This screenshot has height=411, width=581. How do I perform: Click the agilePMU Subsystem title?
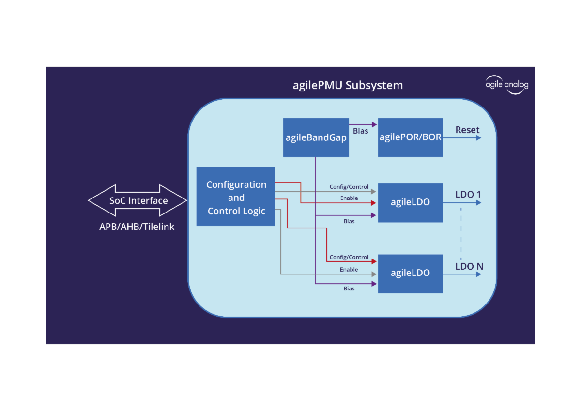[x=348, y=86]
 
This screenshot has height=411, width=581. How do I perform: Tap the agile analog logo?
[x=507, y=85]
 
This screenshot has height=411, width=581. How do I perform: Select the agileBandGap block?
[x=316, y=137]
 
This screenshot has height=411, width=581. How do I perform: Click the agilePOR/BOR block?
[x=410, y=137]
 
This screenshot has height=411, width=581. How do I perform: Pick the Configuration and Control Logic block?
[x=236, y=197]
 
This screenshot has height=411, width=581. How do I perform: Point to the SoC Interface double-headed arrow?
[x=138, y=200]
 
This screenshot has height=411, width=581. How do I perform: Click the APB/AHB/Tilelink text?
[x=137, y=227]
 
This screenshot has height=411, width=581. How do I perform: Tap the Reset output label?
[x=467, y=130]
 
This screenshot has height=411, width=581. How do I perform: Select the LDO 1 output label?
[x=468, y=195]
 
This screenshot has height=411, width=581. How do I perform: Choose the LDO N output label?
[x=469, y=266]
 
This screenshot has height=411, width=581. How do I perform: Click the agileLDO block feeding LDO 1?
[x=410, y=202]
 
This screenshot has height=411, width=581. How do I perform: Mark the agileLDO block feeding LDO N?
[x=410, y=273]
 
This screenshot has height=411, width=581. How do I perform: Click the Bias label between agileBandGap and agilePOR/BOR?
[x=360, y=131]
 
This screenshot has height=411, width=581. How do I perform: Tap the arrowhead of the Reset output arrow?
[x=478, y=138]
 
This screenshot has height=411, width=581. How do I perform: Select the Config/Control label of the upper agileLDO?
[x=349, y=187]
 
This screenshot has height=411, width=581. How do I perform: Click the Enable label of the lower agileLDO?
[x=349, y=269]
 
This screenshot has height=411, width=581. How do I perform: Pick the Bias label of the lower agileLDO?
[x=349, y=289]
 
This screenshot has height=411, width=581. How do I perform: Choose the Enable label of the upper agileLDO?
[x=349, y=198]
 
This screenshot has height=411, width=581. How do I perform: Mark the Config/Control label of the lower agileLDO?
[x=349, y=257]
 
